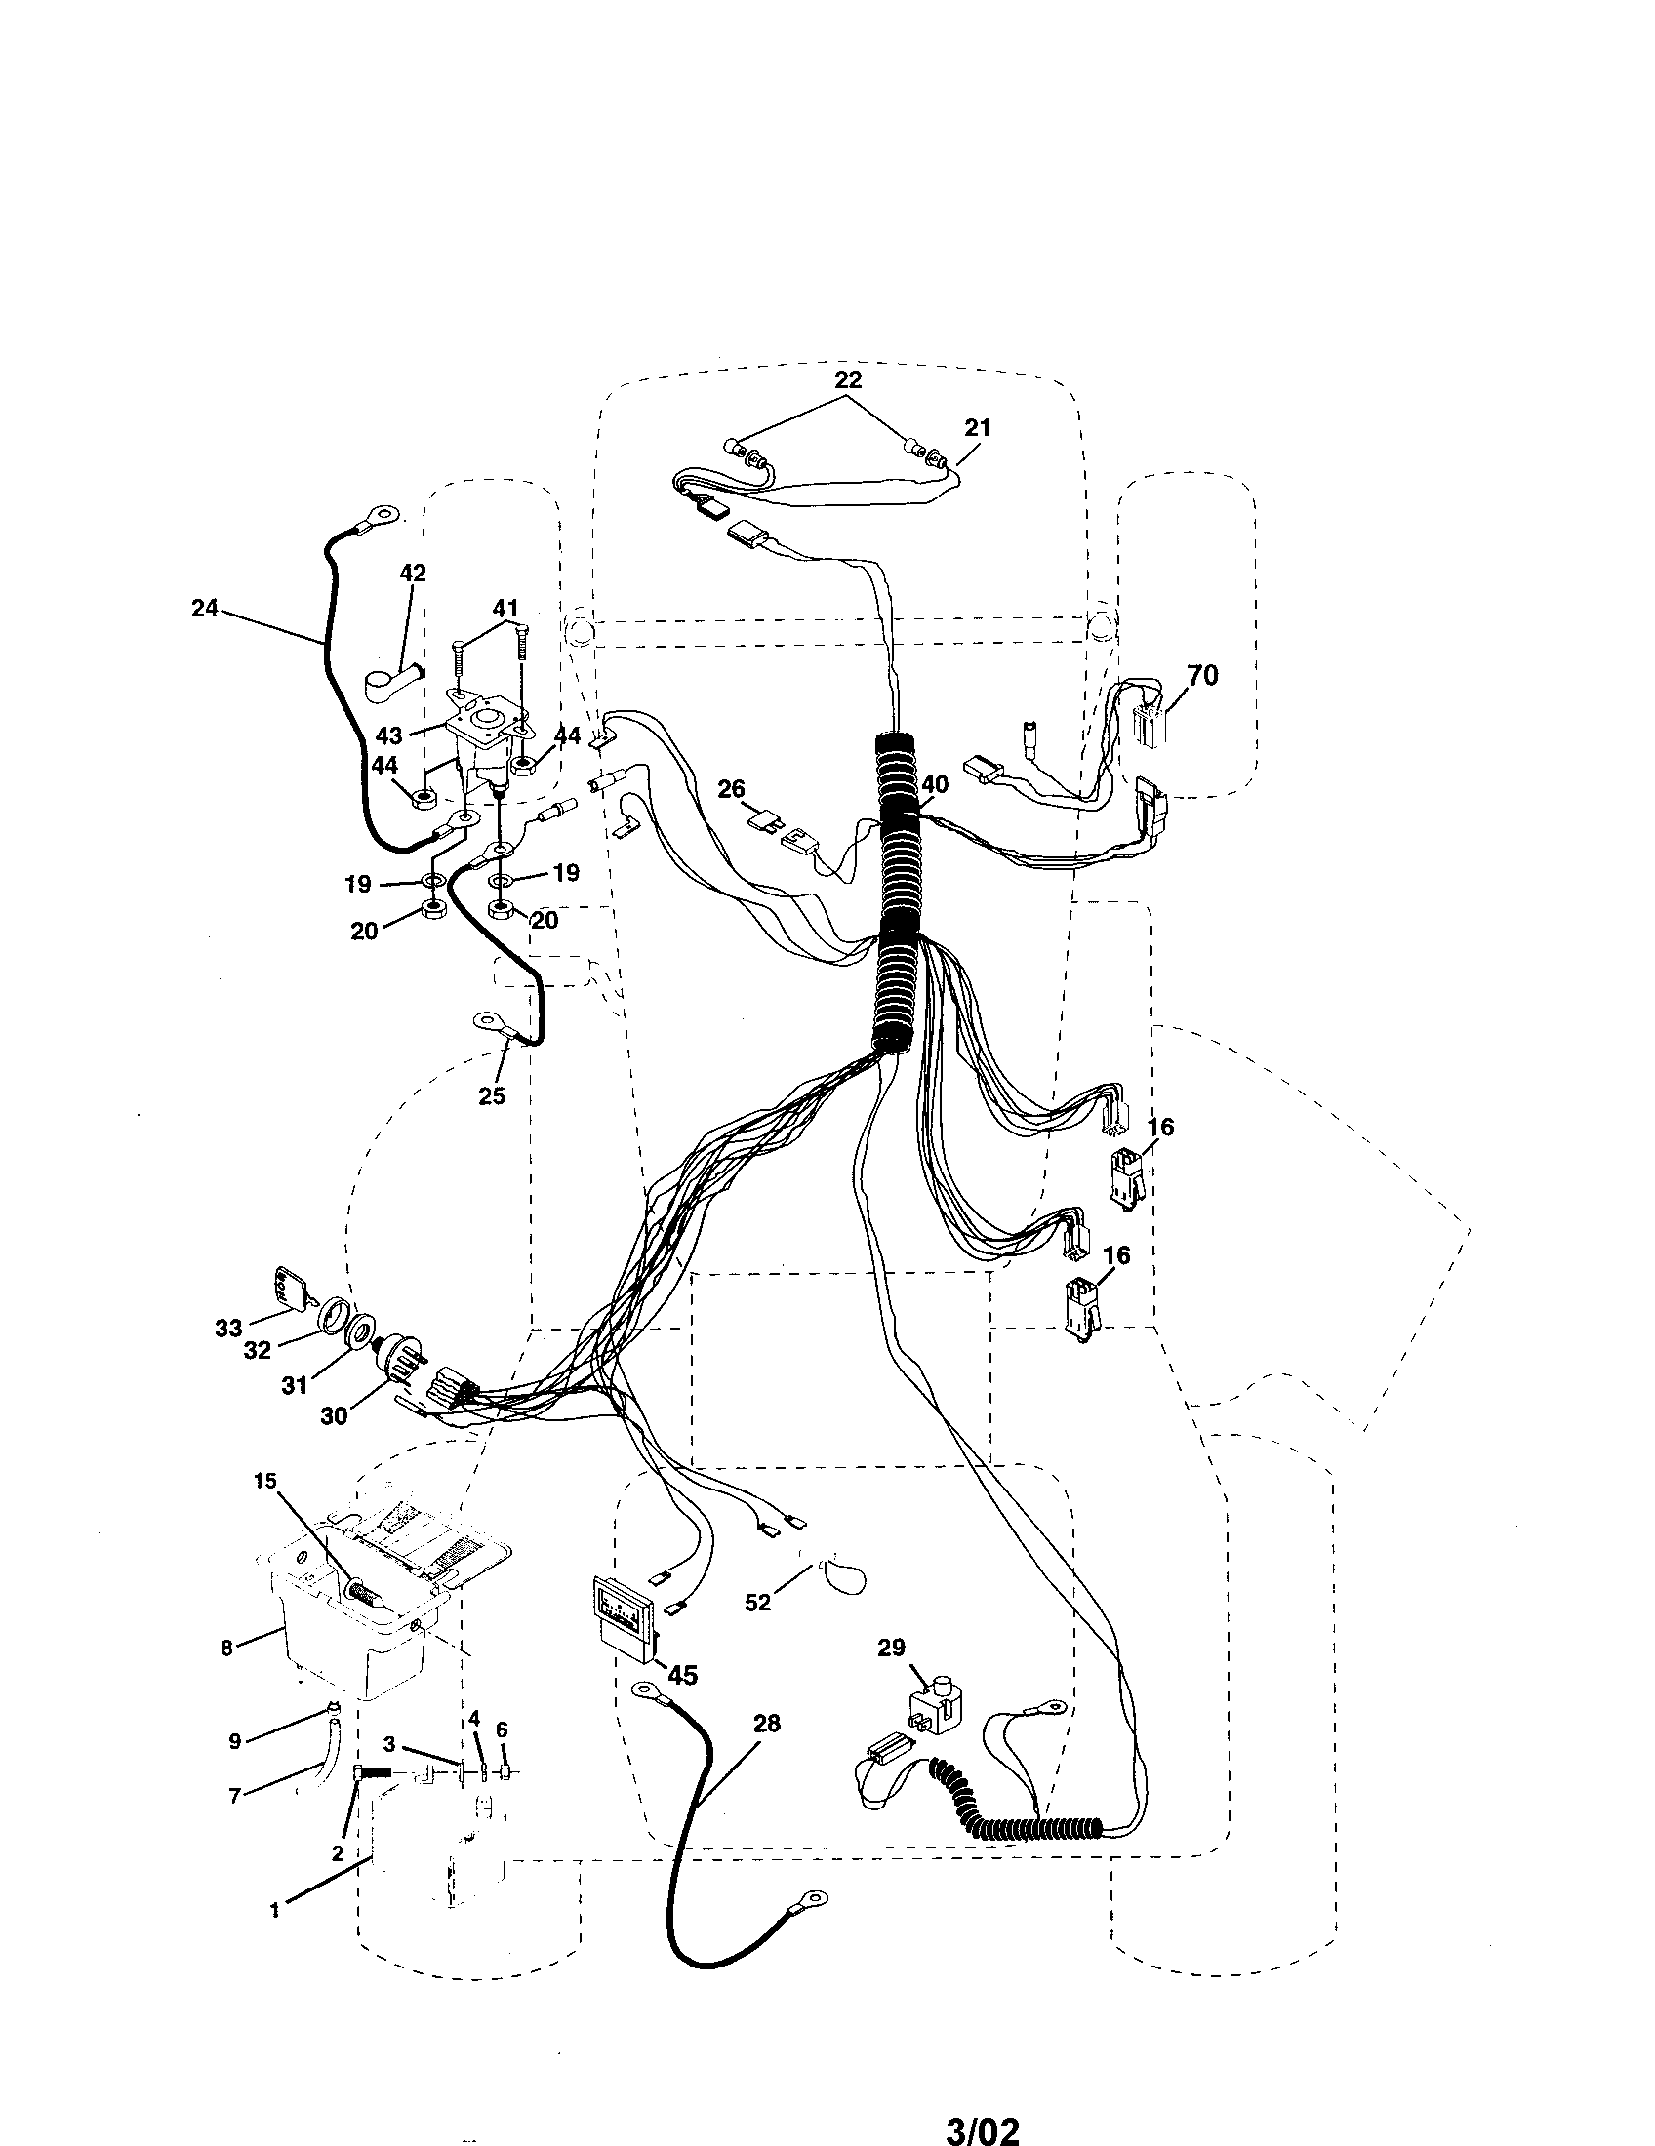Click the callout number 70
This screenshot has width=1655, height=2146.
(1202, 675)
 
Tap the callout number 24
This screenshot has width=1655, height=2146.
(204, 609)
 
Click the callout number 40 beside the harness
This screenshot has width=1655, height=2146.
(935, 784)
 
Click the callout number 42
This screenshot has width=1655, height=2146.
(413, 573)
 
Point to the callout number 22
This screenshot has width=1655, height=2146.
(848, 379)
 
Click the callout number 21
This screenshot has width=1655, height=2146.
(977, 427)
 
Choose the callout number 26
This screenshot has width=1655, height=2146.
(731, 788)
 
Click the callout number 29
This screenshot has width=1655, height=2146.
(890, 1648)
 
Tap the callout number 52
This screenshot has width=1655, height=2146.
(757, 1603)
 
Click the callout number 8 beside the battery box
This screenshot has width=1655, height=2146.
(227, 1648)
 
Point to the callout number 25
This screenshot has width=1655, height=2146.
(492, 1095)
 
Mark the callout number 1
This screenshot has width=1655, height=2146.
(274, 1911)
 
